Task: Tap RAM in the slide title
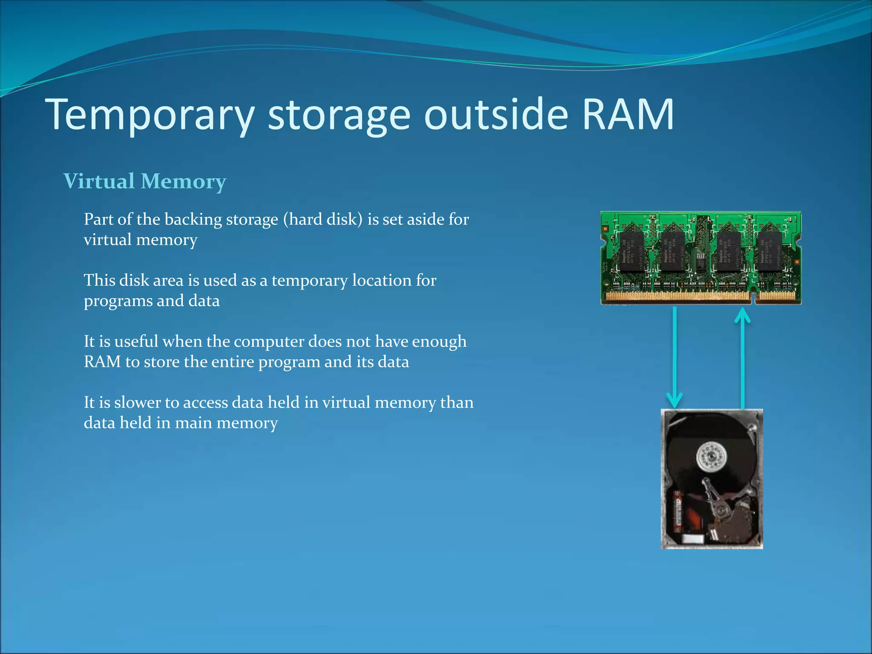tap(628, 114)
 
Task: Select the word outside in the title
tap(496, 114)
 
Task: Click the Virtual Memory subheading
tap(145, 181)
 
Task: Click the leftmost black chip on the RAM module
tap(631, 252)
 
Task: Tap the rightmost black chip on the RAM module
tap(769, 252)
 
